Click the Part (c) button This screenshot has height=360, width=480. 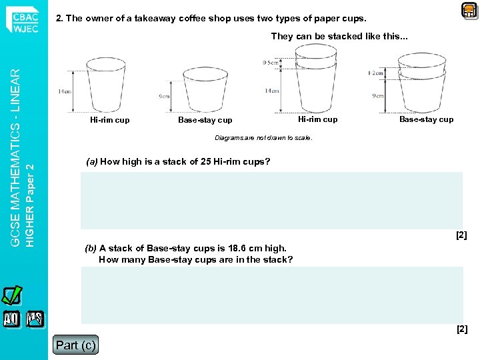pos(75,345)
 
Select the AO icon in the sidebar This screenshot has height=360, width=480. pos(12,319)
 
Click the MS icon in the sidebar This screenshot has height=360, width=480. pos(35,319)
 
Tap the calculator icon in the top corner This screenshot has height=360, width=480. pos(469,10)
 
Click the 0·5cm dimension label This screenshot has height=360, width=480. pos(271,62)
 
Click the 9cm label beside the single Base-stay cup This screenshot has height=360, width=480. pos(165,96)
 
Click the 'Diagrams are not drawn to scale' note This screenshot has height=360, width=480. pos(263,138)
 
